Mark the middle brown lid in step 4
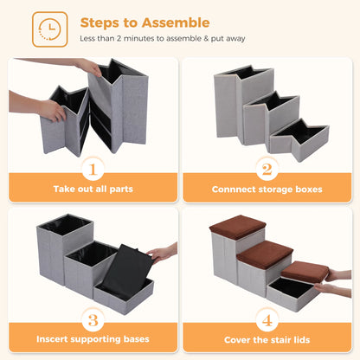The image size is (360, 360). coord(267,254)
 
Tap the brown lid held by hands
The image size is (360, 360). coord(305,272)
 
